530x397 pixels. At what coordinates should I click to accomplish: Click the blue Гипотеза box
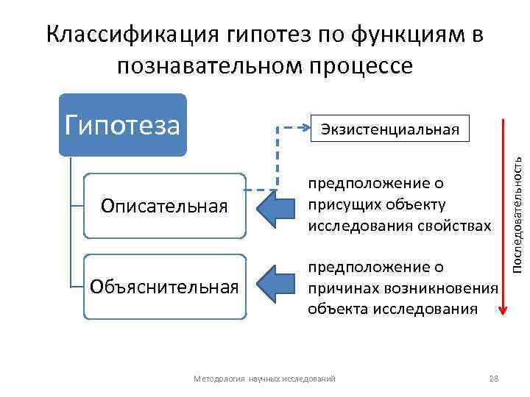click(122, 125)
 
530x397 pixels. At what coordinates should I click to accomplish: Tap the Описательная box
click(164, 206)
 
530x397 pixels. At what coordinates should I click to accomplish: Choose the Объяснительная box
click(164, 286)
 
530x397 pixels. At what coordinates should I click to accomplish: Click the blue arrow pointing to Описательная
click(275, 206)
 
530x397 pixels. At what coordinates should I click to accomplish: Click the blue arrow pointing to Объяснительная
click(275, 286)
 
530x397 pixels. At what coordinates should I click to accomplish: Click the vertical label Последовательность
click(517, 210)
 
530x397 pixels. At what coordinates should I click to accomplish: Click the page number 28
click(494, 378)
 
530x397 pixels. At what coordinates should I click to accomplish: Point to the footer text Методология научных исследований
click(264, 378)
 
